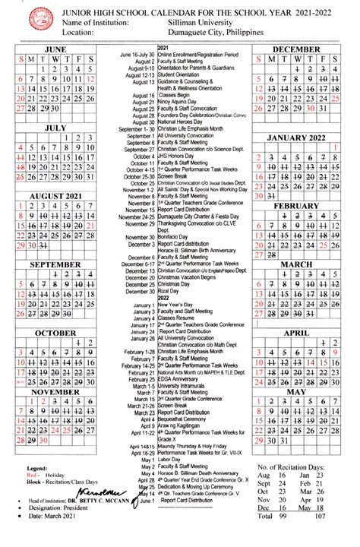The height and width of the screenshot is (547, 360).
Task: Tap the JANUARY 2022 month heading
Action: [296, 138]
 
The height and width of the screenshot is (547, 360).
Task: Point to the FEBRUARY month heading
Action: [296, 206]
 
